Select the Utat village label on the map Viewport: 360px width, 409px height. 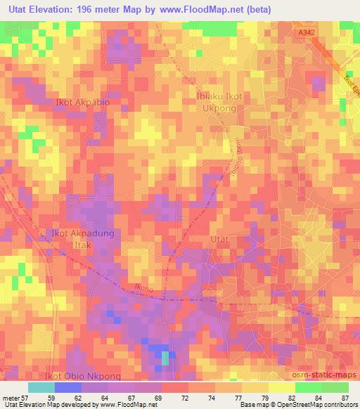219,240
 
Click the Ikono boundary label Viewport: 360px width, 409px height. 143,287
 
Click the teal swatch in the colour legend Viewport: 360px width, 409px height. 41,387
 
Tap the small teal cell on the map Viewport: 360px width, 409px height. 165,358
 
